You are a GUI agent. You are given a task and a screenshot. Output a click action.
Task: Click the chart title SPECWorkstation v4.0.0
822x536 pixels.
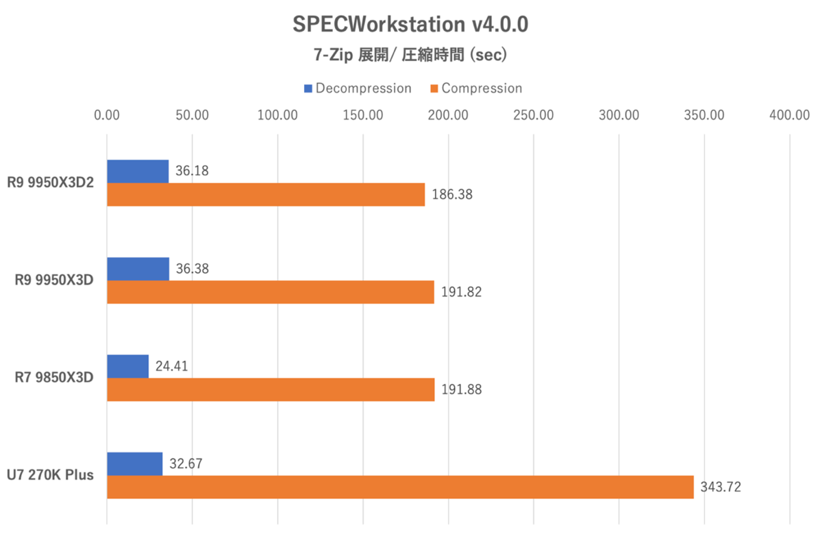click(x=410, y=25)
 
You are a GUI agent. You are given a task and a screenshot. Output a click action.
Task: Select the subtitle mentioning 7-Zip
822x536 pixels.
click(x=410, y=54)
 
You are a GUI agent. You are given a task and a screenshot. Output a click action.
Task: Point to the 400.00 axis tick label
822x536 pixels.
click(x=789, y=115)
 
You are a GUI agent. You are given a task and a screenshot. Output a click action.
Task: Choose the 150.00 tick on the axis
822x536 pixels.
click(x=363, y=115)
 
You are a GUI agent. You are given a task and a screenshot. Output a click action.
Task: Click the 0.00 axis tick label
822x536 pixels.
click(x=107, y=115)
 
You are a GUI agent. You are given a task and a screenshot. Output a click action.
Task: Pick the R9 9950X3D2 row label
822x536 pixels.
click(x=50, y=183)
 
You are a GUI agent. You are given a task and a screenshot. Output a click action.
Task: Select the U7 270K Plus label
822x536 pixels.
click(x=51, y=475)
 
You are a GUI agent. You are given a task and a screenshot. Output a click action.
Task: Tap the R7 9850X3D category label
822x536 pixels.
click(x=54, y=378)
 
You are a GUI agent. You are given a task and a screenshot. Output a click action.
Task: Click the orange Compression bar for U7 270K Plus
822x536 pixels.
click(x=400, y=487)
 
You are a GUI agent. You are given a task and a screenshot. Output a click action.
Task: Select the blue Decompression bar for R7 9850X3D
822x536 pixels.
click(x=128, y=366)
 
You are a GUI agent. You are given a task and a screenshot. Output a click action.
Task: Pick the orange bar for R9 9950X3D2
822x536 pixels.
click(x=266, y=195)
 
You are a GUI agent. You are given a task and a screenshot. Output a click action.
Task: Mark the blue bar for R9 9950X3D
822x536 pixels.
click(x=138, y=269)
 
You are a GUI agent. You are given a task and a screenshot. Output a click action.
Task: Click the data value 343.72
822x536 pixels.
click(x=721, y=487)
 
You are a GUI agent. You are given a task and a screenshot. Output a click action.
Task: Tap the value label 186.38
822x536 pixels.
click(x=452, y=195)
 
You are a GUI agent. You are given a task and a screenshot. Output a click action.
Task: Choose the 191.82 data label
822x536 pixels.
click(x=462, y=292)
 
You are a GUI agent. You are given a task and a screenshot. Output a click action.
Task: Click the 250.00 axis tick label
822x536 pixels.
click(x=534, y=115)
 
